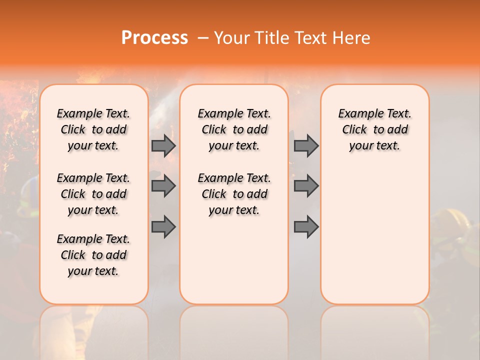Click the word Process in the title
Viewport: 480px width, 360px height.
tap(154, 38)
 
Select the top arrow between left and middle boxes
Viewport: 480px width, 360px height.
tap(163, 145)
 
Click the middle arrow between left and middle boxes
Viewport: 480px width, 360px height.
tap(163, 186)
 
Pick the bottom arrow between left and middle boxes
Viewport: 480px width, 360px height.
tap(163, 227)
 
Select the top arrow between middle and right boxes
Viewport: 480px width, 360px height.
tap(306, 145)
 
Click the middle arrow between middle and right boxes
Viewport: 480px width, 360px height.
tap(306, 186)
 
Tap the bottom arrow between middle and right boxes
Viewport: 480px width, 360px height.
tap(306, 227)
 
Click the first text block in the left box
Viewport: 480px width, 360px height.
tap(93, 129)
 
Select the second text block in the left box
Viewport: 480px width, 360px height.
tap(93, 194)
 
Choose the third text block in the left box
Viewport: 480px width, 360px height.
tap(93, 255)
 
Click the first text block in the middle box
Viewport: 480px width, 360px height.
tap(234, 129)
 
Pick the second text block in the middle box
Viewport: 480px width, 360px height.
tap(234, 194)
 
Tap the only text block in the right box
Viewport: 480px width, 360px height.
tap(374, 129)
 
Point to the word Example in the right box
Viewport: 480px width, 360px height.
tap(357, 114)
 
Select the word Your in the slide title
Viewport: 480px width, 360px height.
tap(232, 38)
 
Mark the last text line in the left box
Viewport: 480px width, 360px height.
tap(93, 271)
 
